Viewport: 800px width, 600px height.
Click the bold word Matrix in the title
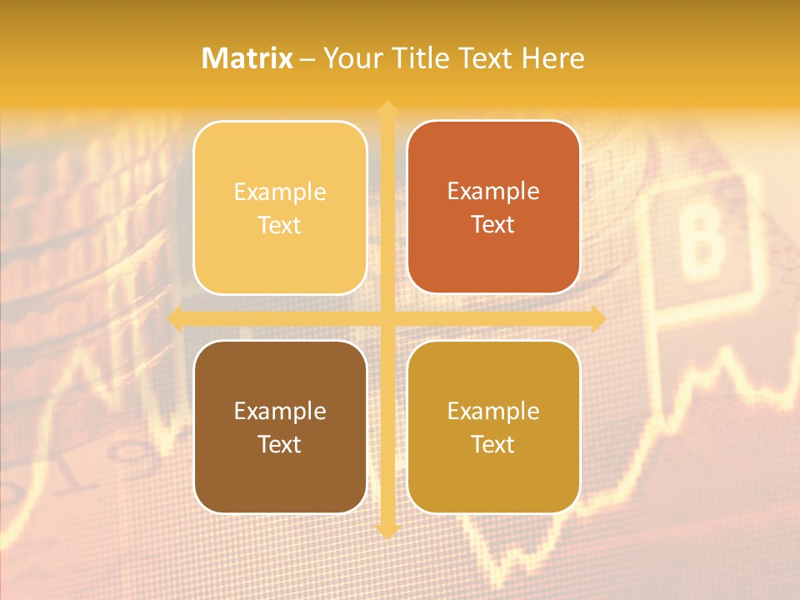[247, 58]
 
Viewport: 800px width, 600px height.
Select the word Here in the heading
[552, 58]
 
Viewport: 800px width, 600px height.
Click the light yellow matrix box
[280, 207]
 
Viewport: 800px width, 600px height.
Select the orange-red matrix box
[493, 207]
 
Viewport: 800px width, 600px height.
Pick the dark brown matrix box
[280, 427]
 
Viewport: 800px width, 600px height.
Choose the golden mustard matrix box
[493, 427]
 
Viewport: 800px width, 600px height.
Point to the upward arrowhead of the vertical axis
[387, 108]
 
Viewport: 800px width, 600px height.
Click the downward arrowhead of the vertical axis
[387, 531]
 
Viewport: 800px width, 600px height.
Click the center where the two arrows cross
[387, 318]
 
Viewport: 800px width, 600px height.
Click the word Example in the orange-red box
[493, 191]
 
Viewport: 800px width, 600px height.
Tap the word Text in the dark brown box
[280, 444]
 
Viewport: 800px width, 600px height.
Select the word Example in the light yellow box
[280, 192]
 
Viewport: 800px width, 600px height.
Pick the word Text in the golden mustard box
[493, 444]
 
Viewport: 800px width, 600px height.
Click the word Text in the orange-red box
[493, 224]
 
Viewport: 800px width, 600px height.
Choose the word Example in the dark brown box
[280, 411]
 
